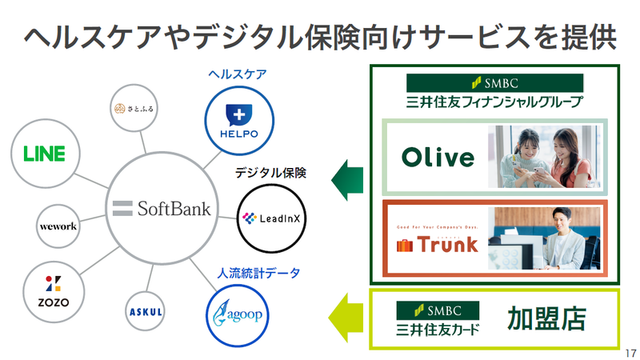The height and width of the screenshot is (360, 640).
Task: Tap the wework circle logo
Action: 58,226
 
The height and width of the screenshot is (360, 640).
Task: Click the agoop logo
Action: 237,314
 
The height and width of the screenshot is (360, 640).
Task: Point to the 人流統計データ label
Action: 258,273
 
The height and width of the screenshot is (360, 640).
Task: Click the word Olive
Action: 438,158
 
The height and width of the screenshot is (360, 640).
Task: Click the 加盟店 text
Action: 546,318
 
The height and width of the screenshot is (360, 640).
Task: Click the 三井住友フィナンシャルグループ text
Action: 494,102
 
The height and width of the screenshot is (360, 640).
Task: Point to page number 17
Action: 630,353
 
